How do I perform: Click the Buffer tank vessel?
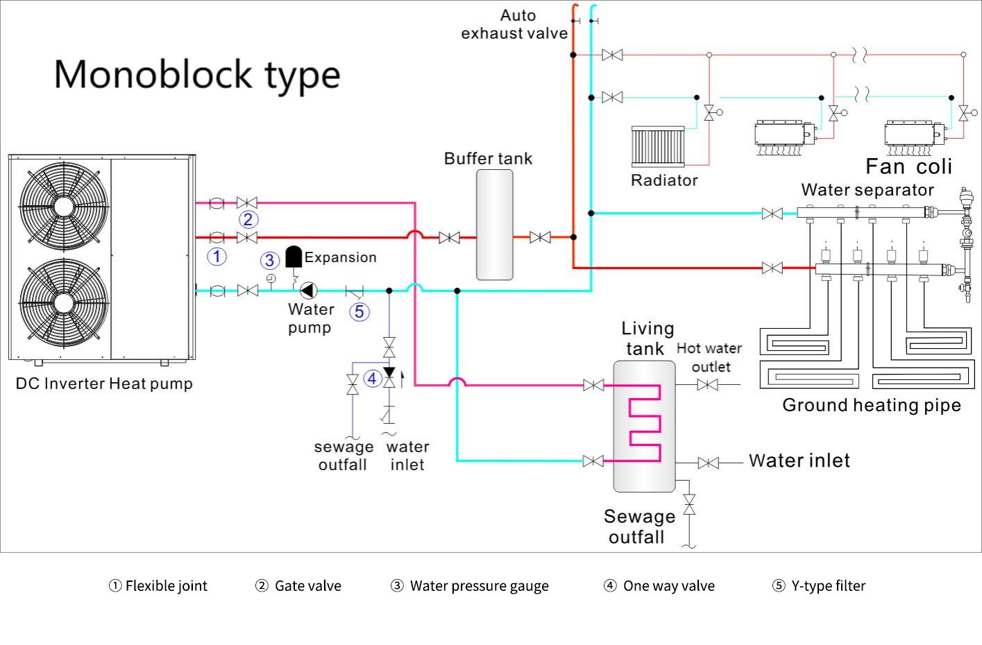point(495,225)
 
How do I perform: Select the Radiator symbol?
point(658,146)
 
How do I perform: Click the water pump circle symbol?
point(308,291)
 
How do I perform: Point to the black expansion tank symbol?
point(294,256)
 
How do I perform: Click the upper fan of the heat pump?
point(64,206)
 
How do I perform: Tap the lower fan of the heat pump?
point(64,302)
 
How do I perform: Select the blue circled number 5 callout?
point(359,311)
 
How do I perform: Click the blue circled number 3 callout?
point(270,261)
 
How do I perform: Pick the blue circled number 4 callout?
point(373,378)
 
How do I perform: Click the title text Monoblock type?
point(197,75)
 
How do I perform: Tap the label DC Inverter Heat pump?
point(104,384)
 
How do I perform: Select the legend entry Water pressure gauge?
point(470,586)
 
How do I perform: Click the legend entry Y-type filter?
point(819,586)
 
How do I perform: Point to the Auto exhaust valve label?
point(515,24)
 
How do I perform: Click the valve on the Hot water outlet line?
point(707,384)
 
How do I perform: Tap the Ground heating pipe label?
point(872,405)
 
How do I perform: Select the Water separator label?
point(867,190)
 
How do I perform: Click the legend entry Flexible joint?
point(158,586)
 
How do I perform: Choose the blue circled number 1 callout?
point(217,257)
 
